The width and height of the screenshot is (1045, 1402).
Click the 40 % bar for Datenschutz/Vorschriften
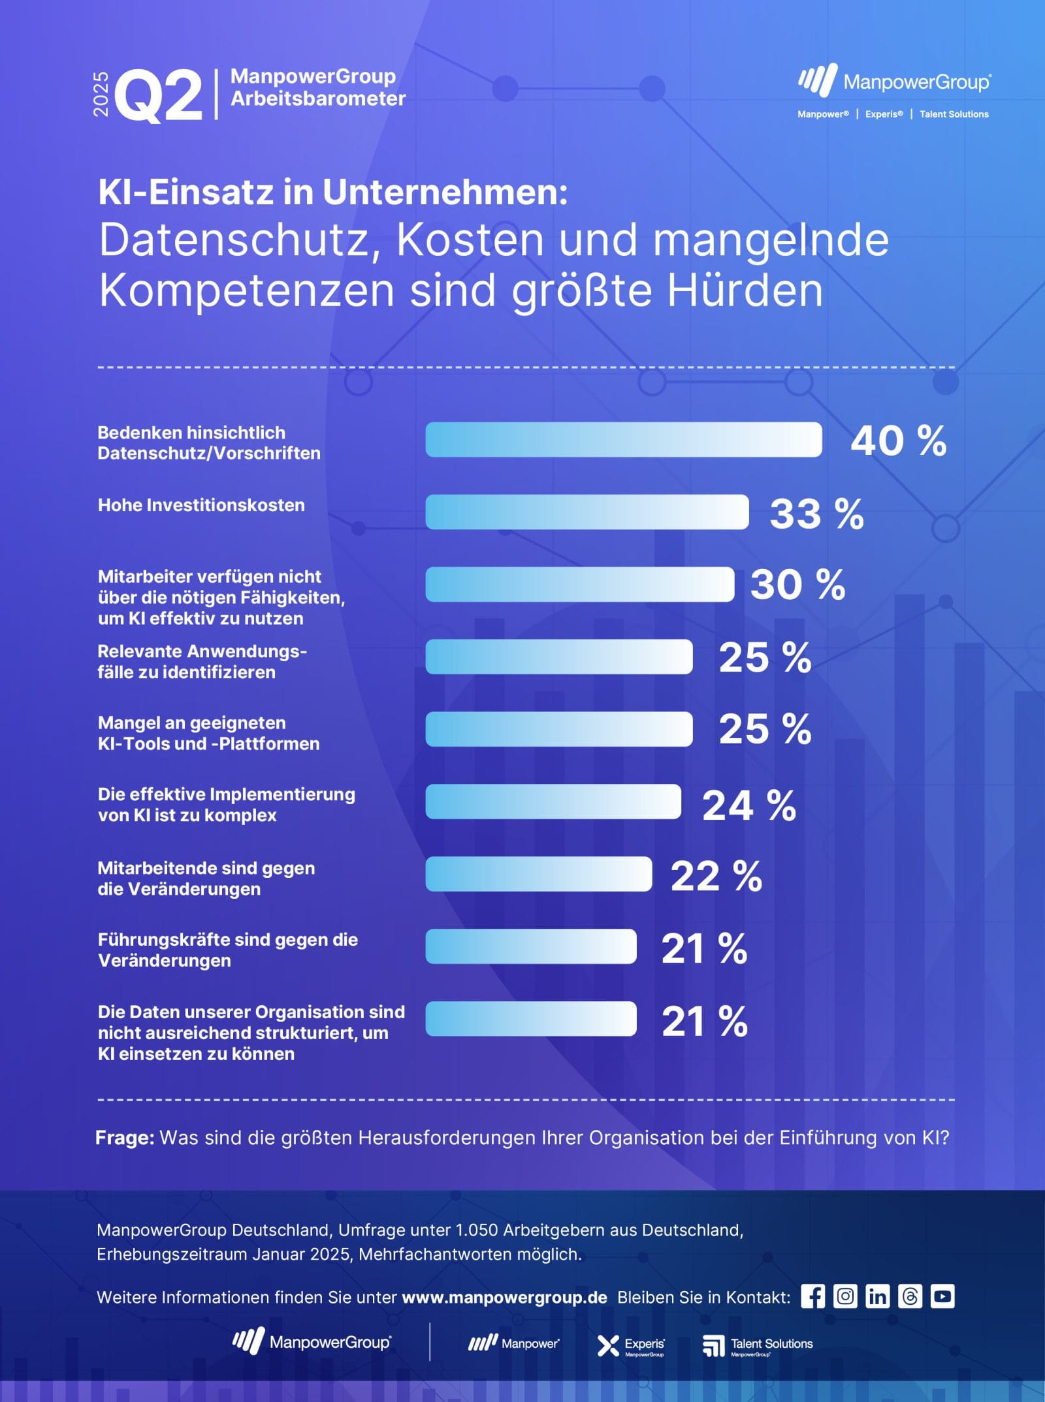tap(624, 439)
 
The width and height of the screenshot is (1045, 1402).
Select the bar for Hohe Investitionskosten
tap(587, 512)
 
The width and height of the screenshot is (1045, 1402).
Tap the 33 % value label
tap(816, 514)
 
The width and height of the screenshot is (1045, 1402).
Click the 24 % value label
tap(748, 805)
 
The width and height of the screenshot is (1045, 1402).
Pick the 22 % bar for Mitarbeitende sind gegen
tap(538, 874)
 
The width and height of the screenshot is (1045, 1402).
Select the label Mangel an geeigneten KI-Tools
tap(208, 733)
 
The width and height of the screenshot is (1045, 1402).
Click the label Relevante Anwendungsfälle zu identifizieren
tap(202, 661)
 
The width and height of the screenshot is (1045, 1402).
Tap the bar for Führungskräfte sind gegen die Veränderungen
tap(530, 946)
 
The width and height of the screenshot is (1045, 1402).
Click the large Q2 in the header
tap(159, 95)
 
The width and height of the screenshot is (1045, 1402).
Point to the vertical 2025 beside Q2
tap(101, 94)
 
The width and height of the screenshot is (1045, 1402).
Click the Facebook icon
tap(812, 1296)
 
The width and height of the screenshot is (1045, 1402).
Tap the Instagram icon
tap(844, 1296)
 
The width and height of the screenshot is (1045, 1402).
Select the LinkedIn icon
tap(877, 1296)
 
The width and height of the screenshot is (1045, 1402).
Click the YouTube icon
tap(942, 1296)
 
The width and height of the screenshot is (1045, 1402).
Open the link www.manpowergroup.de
tap(504, 1298)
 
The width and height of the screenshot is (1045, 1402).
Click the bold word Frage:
tap(125, 1138)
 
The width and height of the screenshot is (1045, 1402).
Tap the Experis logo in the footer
tap(632, 1345)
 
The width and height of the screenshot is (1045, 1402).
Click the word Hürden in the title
tap(745, 290)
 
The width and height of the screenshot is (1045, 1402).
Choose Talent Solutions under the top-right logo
tap(954, 114)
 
